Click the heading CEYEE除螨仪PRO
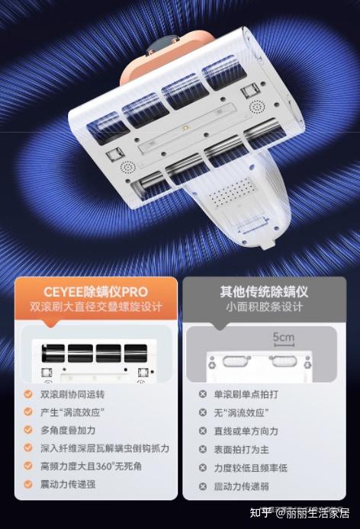(95, 291)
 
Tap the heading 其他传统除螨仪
(264, 291)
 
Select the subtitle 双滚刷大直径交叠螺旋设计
(96, 306)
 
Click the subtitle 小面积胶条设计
(264, 306)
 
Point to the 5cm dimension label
(283, 337)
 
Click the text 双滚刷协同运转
(72, 394)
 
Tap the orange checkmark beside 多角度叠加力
(28, 430)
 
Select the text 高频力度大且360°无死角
(91, 466)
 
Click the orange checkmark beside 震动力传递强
(28, 484)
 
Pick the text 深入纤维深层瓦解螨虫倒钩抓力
(104, 448)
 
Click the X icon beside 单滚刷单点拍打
(203, 394)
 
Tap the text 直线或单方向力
(246, 431)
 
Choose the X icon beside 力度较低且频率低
(203, 468)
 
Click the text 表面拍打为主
(242, 450)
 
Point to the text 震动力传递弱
(242, 486)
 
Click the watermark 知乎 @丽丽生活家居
(300, 514)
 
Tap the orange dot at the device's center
(185, 128)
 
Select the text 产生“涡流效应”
(72, 412)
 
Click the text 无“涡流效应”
(241, 412)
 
